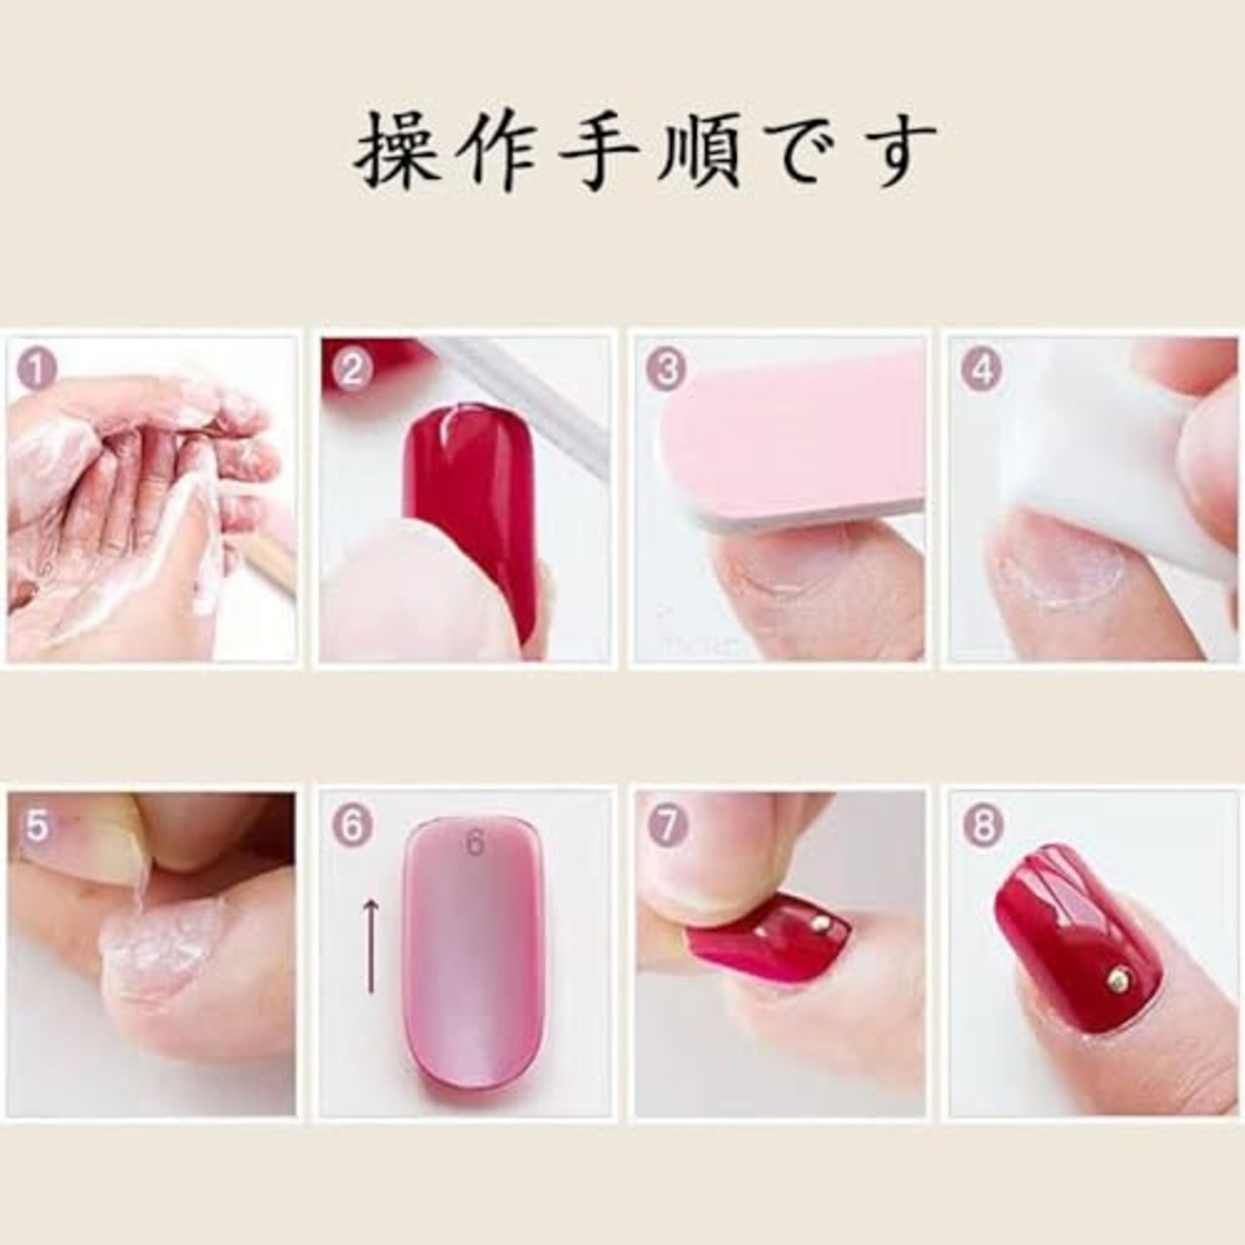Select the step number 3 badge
(x=667, y=369)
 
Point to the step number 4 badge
(x=981, y=369)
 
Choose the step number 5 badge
(x=38, y=826)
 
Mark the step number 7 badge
(x=667, y=826)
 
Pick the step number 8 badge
(x=981, y=826)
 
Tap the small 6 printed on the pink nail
(x=475, y=843)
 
